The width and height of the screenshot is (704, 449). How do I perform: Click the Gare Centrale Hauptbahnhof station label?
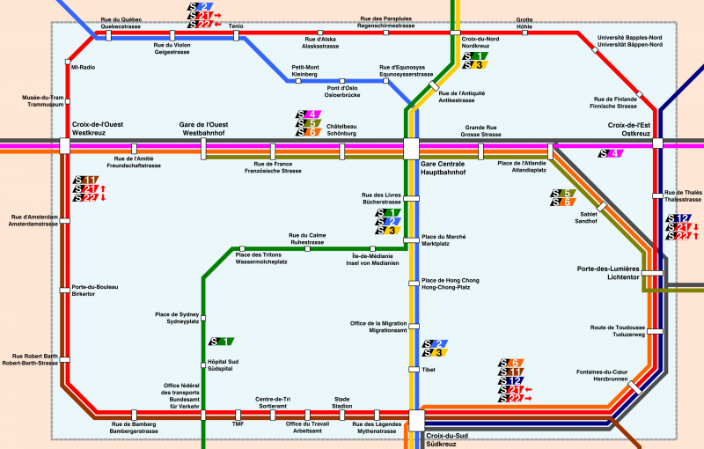[443, 168]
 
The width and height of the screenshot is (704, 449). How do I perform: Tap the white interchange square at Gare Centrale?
[411, 148]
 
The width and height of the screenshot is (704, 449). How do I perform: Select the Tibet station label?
[429, 370]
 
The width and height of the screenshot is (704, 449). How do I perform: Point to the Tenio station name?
[236, 26]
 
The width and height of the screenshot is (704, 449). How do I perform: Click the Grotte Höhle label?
[524, 23]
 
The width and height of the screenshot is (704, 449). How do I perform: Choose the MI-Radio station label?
[83, 67]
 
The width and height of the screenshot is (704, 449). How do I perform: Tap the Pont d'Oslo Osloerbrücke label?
[342, 92]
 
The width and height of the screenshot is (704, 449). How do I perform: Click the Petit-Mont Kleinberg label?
[305, 71]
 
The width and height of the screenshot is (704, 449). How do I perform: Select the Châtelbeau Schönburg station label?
[341, 130]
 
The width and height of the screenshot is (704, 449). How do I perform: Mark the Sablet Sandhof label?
[587, 219]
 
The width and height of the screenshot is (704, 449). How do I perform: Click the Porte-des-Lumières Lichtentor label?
[606, 272]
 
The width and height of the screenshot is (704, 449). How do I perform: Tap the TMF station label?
[238, 424]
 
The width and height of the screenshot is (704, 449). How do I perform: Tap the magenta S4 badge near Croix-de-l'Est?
[611, 154]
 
